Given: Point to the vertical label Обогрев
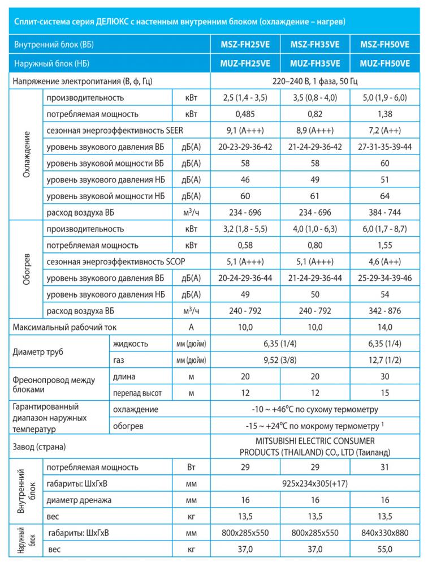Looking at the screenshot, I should click(26, 270).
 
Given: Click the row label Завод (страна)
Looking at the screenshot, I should click(38, 447).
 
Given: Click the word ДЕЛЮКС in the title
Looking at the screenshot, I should click(126, 22).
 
